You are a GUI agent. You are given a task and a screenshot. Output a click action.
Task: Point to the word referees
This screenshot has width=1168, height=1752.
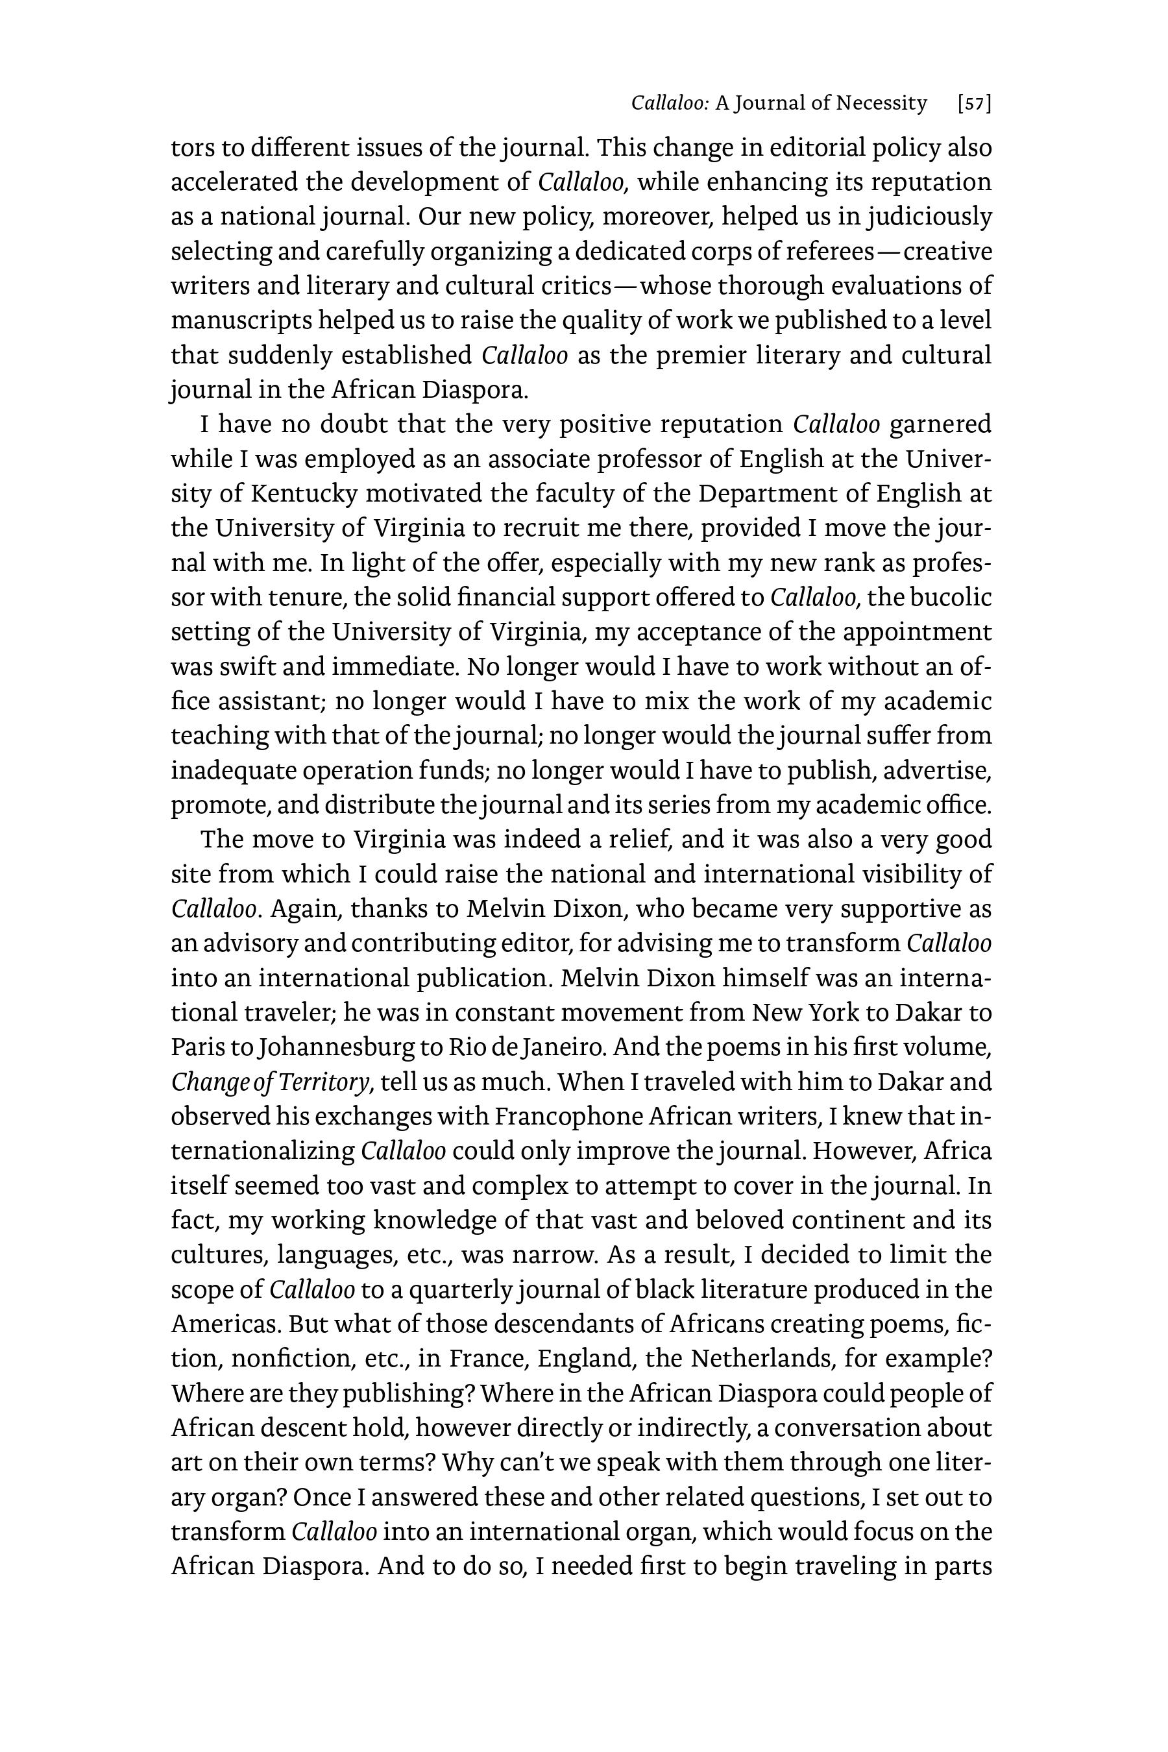click(x=829, y=252)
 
